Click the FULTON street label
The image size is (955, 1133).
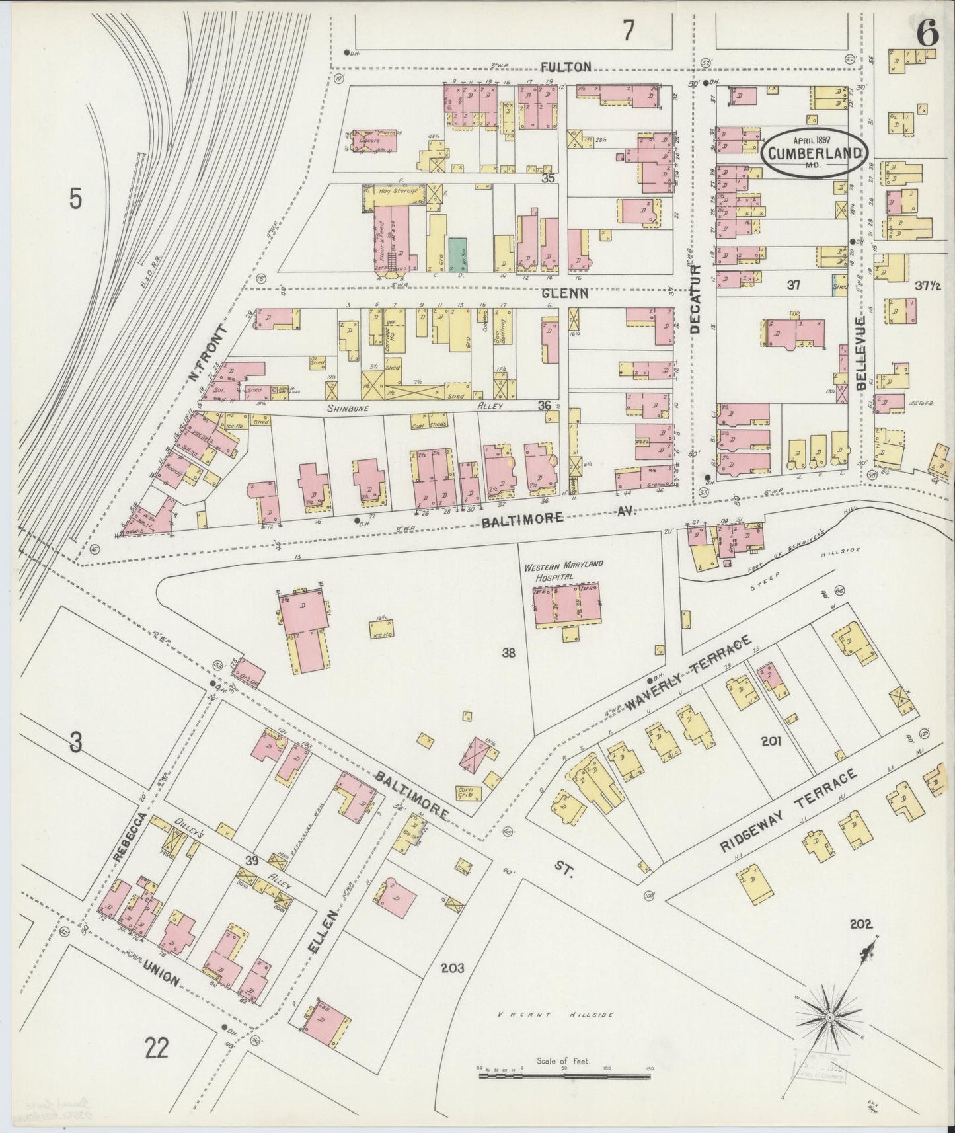[565, 67]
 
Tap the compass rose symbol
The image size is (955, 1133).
[829, 1017]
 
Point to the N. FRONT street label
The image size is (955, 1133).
[207, 353]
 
